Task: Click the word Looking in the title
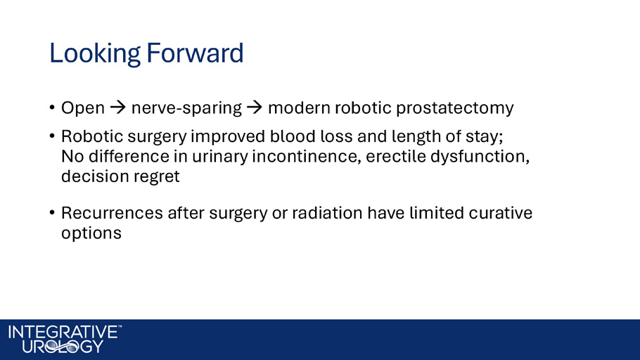coord(95,54)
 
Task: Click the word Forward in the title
coord(195,53)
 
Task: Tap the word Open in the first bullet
coord(83,108)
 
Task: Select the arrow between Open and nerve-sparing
coord(118,108)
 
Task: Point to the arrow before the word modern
coord(255,108)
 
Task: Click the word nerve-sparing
coord(186,108)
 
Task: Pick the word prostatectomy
coord(455,108)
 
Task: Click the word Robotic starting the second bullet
coord(92,136)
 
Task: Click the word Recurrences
coord(113,213)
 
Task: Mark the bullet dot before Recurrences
coord(52,212)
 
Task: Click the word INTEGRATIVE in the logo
coord(63,332)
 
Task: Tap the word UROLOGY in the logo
coord(63,347)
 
